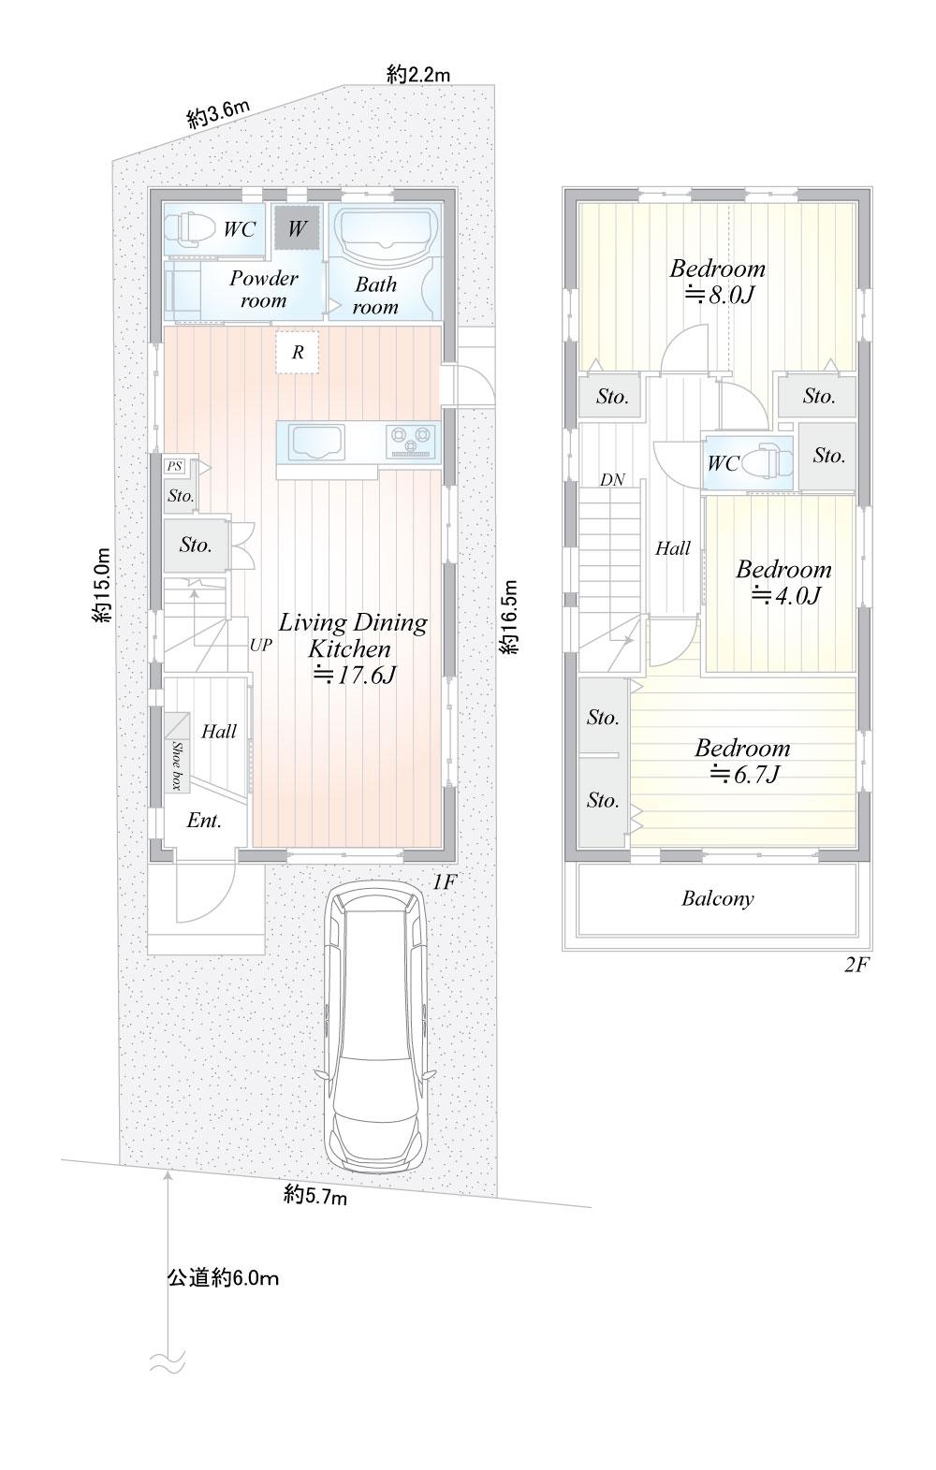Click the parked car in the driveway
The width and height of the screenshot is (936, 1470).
click(x=376, y=1026)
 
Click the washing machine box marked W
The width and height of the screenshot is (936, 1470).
click(x=297, y=227)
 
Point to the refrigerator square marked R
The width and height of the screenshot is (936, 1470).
click(x=298, y=353)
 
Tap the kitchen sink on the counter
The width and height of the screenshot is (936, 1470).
click(x=316, y=443)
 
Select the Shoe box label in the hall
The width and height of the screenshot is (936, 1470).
click(x=177, y=765)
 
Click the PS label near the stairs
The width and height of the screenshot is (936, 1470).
click(x=174, y=466)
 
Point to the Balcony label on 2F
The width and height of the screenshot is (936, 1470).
click(x=717, y=898)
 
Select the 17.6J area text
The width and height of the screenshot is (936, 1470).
click(x=355, y=676)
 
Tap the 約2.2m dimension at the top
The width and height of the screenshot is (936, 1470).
click(x=418, y=75)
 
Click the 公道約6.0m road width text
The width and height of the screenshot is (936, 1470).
click(x=223, y=1278)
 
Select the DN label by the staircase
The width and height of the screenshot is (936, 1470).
click(x=612, y=480)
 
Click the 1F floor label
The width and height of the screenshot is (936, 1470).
click(x=445, y=882)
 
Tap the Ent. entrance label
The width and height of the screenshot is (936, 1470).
click(x=204, y=821)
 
